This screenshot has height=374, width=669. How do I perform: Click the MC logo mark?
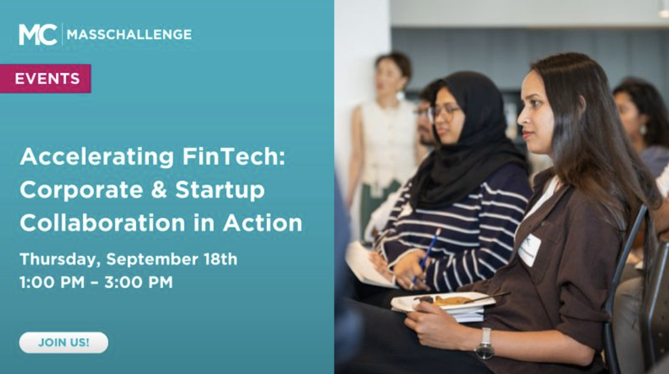pos(38,34)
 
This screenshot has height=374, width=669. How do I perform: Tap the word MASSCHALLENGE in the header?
pos(129,35)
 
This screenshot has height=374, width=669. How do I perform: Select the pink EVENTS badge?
pos(47,79)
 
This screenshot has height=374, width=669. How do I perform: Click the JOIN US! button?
pos(64,343)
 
